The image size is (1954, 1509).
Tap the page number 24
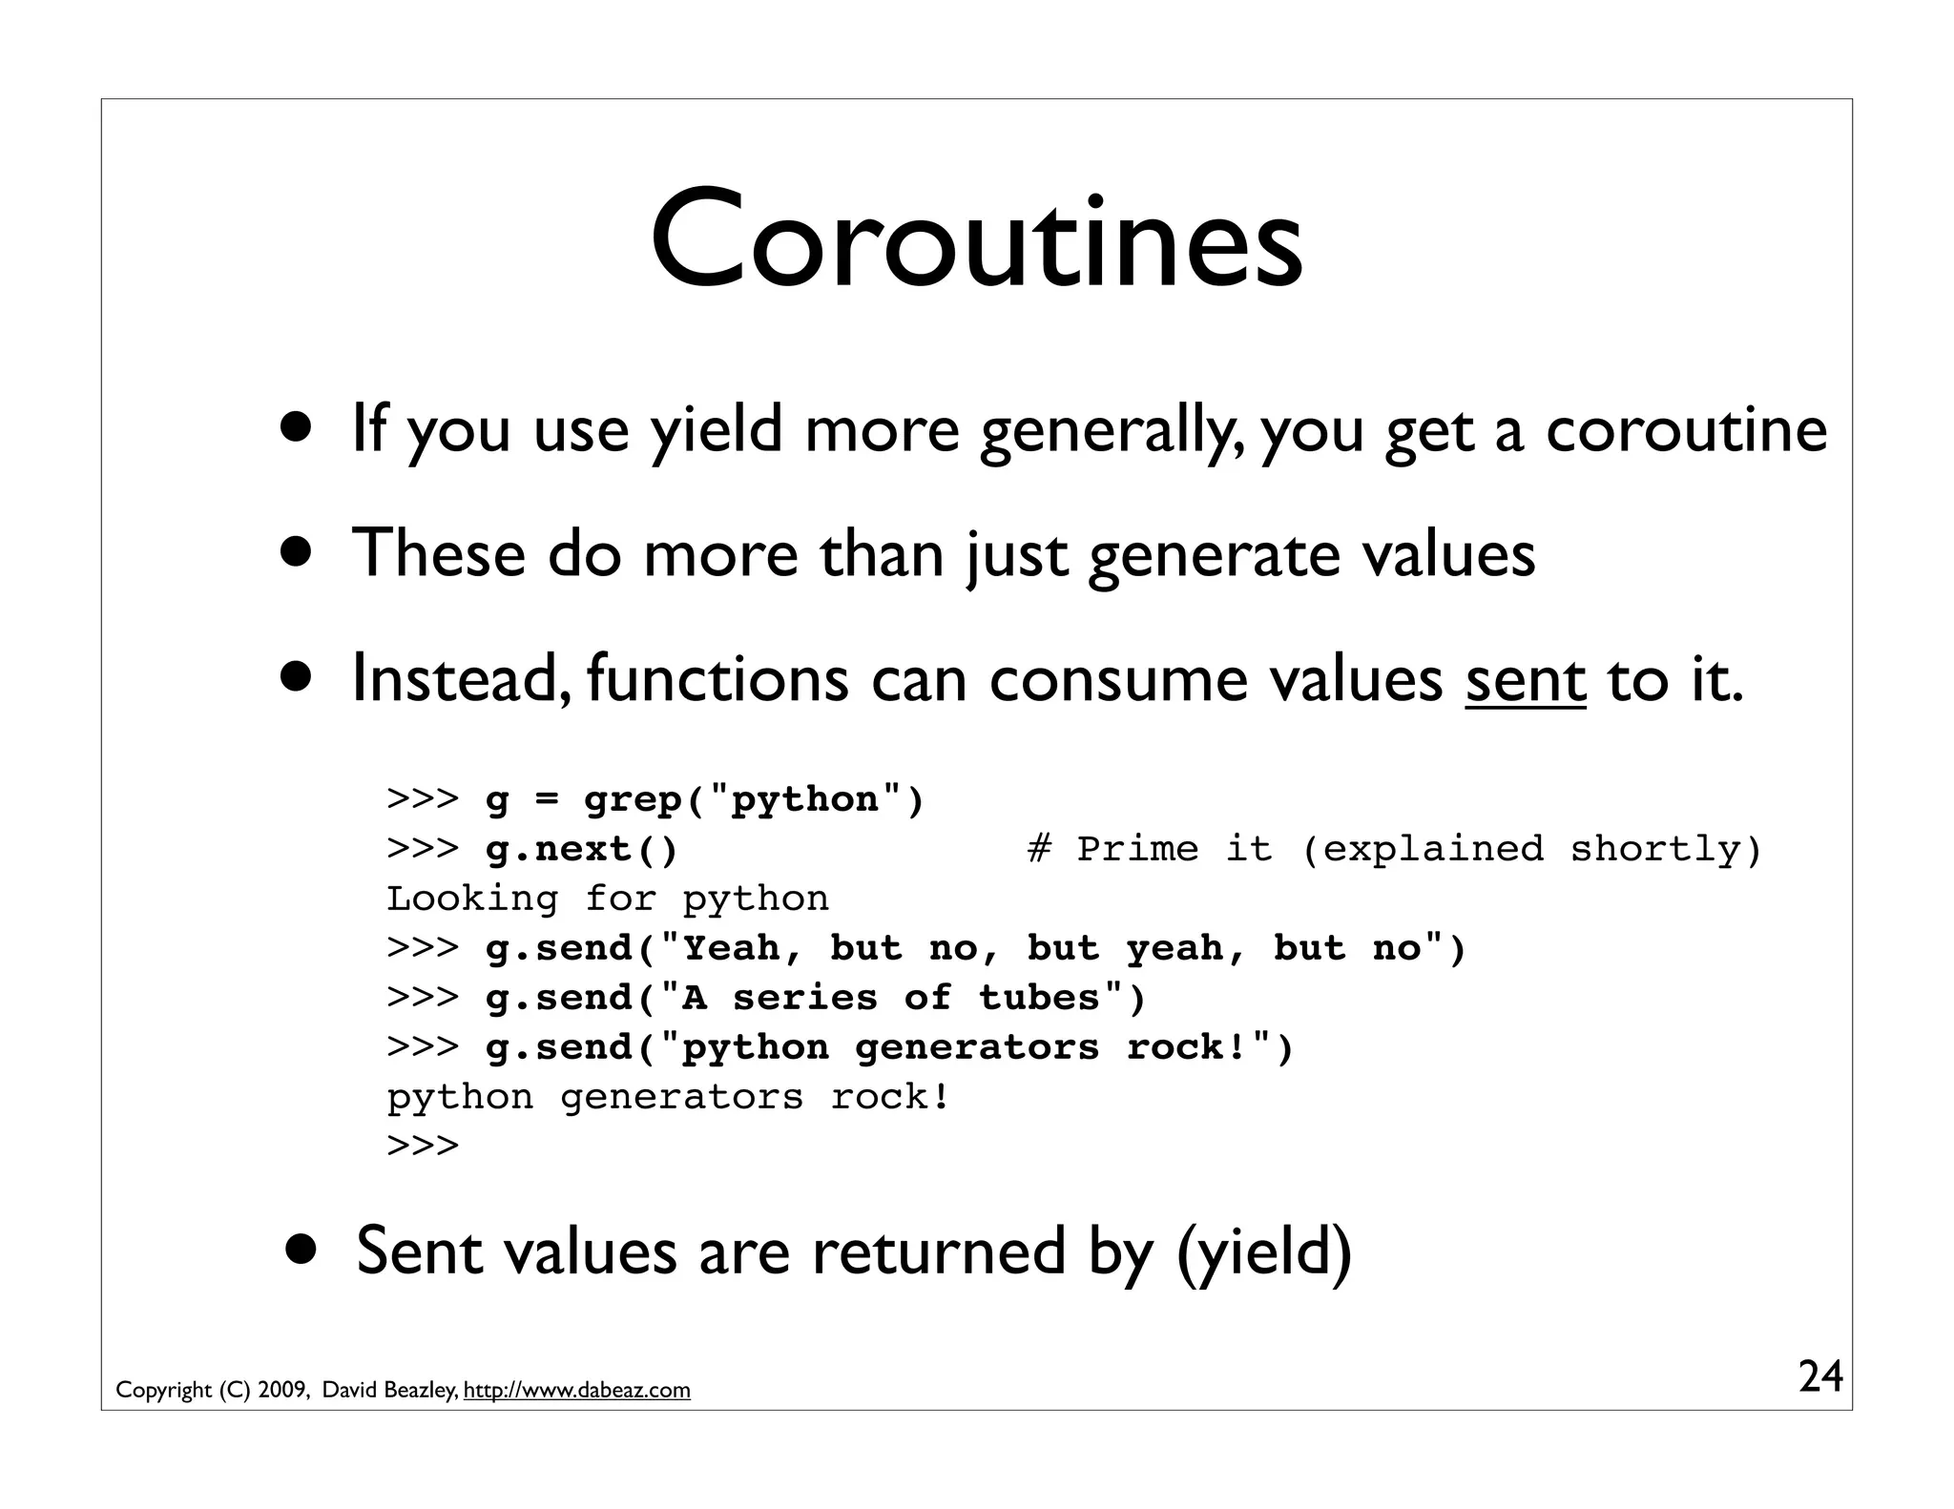pos(1820,1377)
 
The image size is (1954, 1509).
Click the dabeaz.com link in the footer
pos(576,1391)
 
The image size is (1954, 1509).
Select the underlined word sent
pos(1526,680)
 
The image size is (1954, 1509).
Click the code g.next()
pos(581,849)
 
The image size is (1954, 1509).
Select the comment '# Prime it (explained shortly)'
pos(1394,849)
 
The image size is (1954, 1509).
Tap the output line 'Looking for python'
pos(608,899)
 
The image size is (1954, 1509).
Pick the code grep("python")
pos(754,799)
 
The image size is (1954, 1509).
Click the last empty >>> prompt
pos(423,1146)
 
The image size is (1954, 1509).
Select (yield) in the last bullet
pos(1264,1251)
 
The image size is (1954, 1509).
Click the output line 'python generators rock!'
pos(668,1097)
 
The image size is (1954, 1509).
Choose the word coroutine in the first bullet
pos(1686,431)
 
